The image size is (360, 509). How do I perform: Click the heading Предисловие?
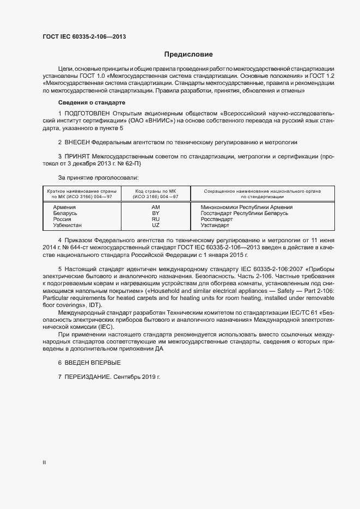tap(188, 54)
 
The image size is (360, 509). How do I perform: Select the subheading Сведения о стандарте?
tap(92, 102)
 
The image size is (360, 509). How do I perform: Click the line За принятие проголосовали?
tap(99, 177)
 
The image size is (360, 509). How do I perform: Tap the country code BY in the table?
tap(155, 213)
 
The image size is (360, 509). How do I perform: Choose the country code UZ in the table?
tap(155, 225)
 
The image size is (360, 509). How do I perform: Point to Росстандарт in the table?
tap(216, 219)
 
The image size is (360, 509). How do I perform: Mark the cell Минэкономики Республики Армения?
tap(246, 207)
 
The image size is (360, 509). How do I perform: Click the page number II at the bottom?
tap(44, 462)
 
